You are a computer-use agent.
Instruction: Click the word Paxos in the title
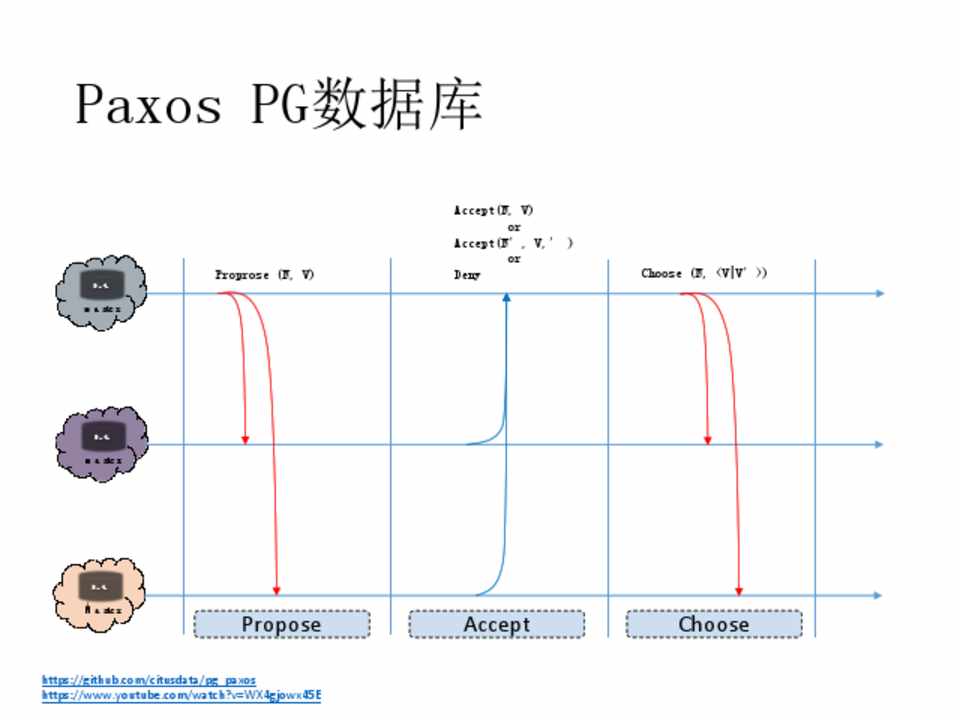tap(148, 103)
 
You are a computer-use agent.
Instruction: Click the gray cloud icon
tap(101, 292)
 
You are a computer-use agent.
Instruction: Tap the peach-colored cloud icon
tap(100, 594)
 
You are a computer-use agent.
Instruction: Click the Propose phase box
tap(281, 624)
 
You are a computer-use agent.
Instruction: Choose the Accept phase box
tap(496, 624)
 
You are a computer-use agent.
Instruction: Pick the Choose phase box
tap(713, 624)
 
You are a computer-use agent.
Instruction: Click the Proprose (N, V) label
tap(265, 274)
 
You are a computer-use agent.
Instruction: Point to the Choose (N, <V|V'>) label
tap(704, 273)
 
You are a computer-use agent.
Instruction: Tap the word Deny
tap(467, 275)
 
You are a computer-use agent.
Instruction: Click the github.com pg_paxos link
tap(149, 680)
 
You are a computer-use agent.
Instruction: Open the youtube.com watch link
tap(181, 694)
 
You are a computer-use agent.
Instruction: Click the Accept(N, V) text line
tap(494, 211)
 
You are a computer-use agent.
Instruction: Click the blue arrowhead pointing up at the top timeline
tap(506, 297)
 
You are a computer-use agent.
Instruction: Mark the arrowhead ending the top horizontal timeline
tap(879, 293)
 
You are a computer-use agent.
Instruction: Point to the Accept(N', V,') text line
tap(513, 243)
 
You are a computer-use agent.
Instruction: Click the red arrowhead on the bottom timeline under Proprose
tap(277, 590)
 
